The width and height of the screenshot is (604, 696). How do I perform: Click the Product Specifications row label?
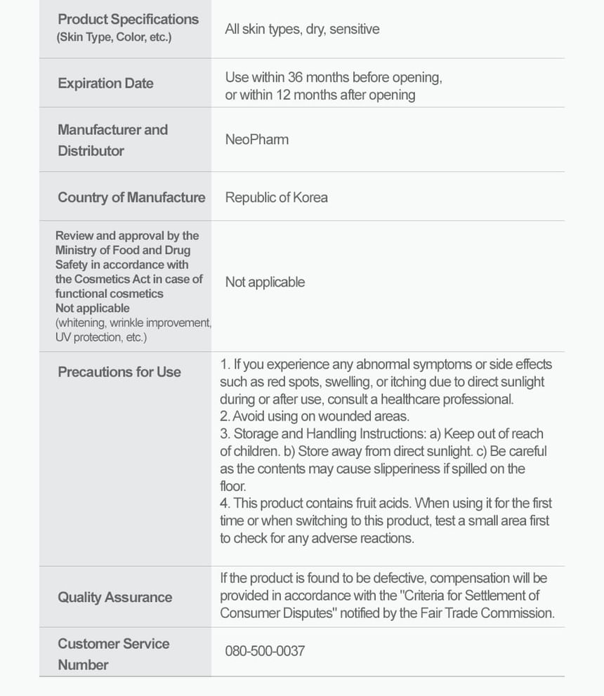point(128,20)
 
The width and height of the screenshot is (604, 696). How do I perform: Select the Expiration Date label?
point(105,83)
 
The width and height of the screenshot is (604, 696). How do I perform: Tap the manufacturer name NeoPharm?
point(256,139)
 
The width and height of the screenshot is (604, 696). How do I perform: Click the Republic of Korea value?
point(276,197)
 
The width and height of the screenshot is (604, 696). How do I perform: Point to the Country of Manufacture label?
point(131,197)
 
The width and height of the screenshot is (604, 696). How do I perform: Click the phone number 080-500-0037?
point(265,650)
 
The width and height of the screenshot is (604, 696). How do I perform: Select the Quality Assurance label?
point(114,597)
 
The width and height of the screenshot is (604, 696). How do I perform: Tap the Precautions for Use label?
point(119,372)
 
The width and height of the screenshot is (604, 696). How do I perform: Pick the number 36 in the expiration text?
point(296,77)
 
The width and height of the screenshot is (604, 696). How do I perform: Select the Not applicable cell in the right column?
point(265,282)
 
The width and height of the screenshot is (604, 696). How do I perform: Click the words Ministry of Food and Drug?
point(123,250)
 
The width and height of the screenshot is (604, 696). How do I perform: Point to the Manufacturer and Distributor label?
point(112,140)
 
